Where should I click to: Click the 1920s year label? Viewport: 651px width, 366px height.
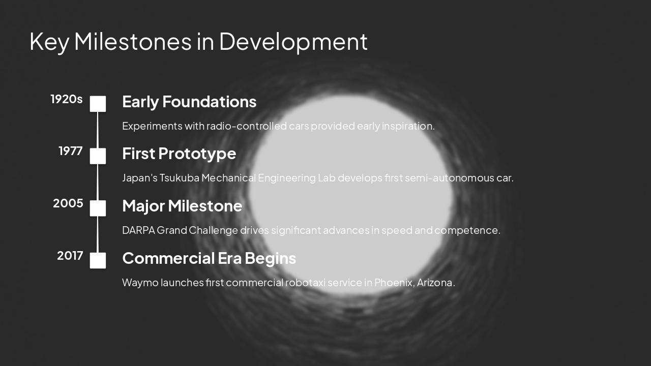point(66,99)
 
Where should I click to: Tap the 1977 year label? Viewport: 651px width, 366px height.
point(70,151)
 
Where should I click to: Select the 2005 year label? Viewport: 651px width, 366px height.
point(68,203)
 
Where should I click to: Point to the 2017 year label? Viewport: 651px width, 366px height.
point(70,256)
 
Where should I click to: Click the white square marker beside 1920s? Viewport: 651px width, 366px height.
point(98,104)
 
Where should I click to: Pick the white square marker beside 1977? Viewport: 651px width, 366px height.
point(98,156)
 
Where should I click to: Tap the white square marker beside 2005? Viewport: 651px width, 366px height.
point(98,208)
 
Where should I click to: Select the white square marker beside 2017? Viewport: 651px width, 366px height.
point(98,260)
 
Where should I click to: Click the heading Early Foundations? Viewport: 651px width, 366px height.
point(189,102)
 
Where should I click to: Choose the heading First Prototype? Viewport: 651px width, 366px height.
point(179,154)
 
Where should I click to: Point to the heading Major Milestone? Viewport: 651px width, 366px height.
point(182,206)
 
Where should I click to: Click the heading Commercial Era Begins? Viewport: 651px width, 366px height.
point(209,258)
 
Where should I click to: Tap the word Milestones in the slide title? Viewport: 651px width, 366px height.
point(133,42)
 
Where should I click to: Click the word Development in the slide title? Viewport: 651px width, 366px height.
point(293,42)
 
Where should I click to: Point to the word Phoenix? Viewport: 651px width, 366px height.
point(394,283)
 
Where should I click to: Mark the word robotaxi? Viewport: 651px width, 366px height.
point(305,283)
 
